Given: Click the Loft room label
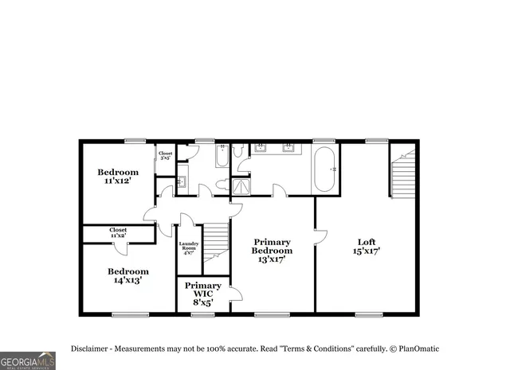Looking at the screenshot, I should click(x=367, y=246).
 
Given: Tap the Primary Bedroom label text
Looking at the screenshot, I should click(x=272, y=250).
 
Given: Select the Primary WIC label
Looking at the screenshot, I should click(x=202, y=294).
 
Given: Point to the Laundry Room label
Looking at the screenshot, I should click(x=189, y=247).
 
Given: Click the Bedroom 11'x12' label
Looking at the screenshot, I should click(x=118, y=177).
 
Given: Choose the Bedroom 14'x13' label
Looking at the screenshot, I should click(x=128, y=275).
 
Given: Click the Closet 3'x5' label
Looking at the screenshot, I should click(x=166, y=156).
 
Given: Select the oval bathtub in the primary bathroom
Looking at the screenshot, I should click(x=325, y=169).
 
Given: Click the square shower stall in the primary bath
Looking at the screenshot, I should click(x=240, y=185).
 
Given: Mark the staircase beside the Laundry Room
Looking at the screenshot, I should click(x=215, y=243).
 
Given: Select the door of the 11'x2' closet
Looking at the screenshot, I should click(x=120, y=247).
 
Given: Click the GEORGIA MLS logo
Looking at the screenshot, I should click(x=28, y=360).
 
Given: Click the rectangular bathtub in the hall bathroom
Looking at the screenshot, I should click(x=221, y=155).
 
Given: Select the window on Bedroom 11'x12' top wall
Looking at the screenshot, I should click(x=135, y=141).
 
